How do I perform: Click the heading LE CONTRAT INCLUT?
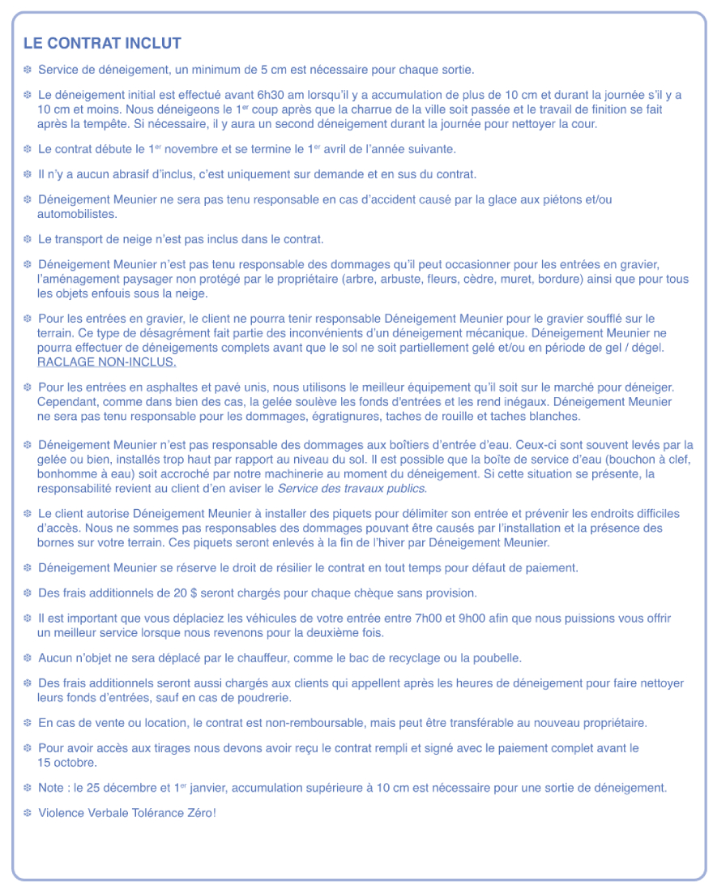[x=102, y=44]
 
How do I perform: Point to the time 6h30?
[x=244, y=95]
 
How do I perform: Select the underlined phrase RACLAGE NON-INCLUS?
[x=107, y=362]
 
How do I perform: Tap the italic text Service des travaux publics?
[x=352, y=489]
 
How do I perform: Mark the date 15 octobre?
[x=67, y=763]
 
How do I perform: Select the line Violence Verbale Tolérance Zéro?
[x=127, y=812]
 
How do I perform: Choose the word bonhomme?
[x=66, y=474]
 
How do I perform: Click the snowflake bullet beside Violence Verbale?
[x=27, y=812]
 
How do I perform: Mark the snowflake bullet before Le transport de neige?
[x=27, y=239]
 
